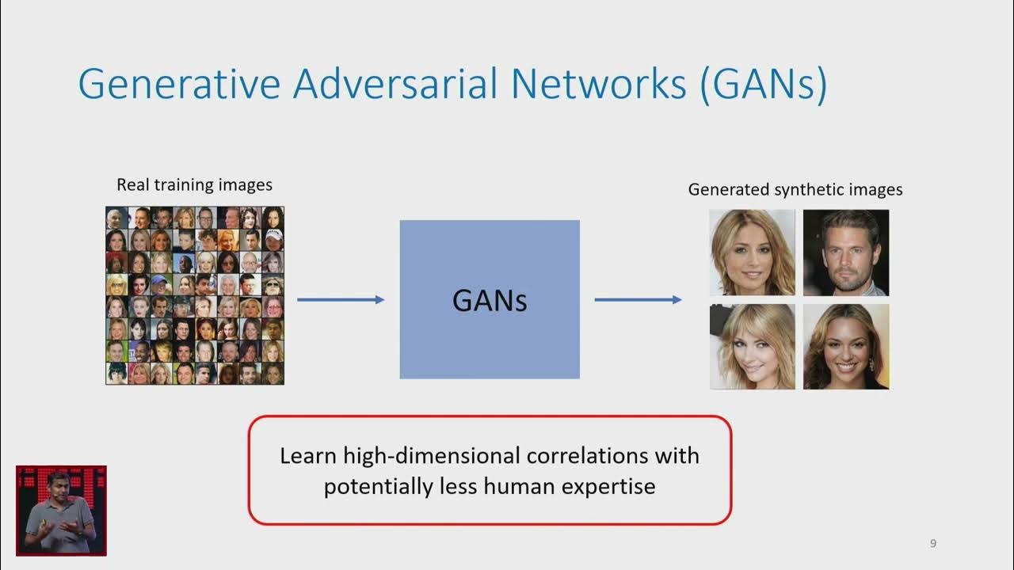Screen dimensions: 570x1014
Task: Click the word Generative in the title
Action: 179,84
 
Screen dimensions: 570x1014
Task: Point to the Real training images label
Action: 194,185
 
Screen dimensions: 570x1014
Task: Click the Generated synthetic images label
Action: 795,190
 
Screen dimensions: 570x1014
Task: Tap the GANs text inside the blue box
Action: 490,301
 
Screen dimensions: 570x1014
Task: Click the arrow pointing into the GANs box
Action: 341,299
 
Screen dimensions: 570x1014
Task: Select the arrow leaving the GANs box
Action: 638,299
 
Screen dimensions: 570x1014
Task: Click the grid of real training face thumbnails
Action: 195,295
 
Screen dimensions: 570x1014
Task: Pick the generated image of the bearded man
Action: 846,253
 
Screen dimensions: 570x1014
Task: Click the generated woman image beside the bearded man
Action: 752,253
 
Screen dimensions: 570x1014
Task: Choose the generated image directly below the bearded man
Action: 846,347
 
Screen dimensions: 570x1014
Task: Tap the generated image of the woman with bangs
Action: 752,347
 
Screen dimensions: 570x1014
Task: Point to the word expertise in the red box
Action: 608,485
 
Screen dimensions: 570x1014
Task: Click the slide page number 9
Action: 933,543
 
